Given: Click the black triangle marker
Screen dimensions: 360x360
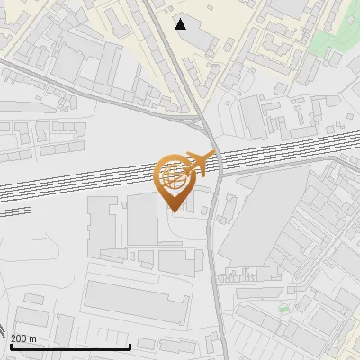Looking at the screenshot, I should (182, 24).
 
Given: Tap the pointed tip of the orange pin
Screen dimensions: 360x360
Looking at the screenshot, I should (174, 211).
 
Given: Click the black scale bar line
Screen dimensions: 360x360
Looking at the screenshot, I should (70, 346).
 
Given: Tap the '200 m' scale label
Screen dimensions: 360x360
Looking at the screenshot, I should (23, 338).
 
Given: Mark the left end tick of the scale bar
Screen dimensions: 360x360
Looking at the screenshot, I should (11, 345).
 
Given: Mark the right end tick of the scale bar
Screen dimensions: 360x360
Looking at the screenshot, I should (130, 345).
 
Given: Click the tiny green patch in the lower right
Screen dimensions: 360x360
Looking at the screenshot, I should (283, 309).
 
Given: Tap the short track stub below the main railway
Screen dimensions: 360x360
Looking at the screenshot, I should (16, 211).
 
